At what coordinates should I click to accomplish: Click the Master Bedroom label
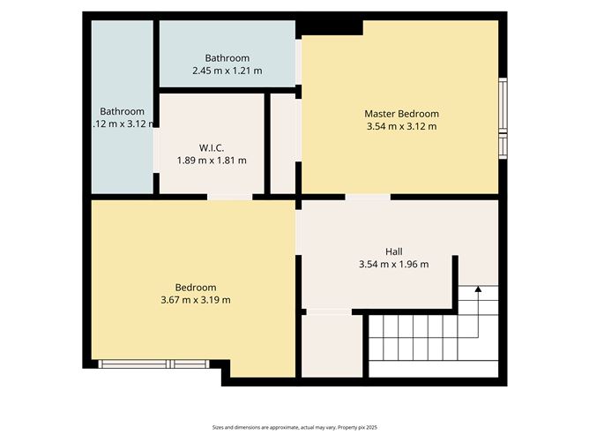coord(401,114)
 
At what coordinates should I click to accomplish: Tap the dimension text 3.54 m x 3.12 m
coord(401,127)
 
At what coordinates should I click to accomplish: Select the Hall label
coord(393,251)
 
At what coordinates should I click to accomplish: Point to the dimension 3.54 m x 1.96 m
coord(393,264)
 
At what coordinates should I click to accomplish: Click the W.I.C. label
coord(212,147)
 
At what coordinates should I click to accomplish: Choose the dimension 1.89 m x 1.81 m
coord(212,161)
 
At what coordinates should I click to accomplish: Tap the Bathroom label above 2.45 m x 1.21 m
coord(227,57)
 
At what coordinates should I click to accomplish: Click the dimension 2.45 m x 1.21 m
coord(227,71)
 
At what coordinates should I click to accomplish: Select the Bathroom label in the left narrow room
coord(122,111)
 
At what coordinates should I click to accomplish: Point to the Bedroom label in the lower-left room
coord(195,288)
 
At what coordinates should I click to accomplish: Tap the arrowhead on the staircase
coord(478,288)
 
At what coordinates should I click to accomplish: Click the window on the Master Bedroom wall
coord(503,118)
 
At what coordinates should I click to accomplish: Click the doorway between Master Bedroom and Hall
coord(368,197)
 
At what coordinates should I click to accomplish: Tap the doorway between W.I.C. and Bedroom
coord(229,197)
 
